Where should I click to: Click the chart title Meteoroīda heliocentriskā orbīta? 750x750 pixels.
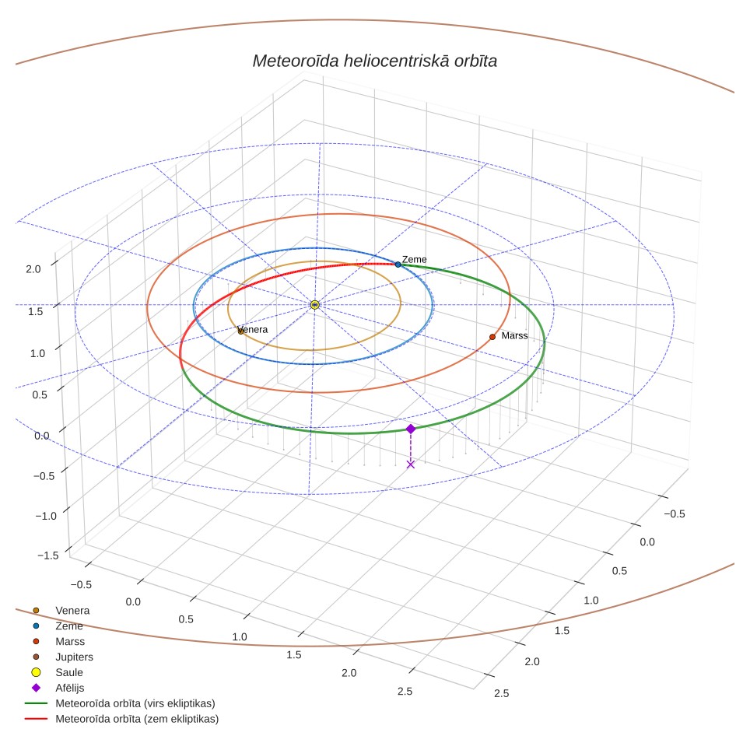[374, 61]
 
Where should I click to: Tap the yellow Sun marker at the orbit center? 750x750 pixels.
[314, 305]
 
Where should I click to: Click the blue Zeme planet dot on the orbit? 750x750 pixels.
[398, 265]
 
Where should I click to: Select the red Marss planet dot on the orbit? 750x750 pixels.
[492, 337]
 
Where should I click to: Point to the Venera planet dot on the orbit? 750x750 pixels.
[240, 331]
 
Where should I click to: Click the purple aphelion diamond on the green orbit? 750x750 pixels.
[410, 429]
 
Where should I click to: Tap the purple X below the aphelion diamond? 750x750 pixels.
[410, 464]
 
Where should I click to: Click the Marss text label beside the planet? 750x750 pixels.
[515, 336]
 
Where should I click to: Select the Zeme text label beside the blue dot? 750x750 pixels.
[414, 259]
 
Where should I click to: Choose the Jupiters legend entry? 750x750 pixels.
[74, 657]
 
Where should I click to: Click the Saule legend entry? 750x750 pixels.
[69, 672]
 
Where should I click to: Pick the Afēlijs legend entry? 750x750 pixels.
[70, 688]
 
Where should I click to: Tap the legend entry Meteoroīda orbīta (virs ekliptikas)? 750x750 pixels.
[135, 703]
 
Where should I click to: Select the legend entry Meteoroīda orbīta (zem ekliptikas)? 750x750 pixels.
[137, 718]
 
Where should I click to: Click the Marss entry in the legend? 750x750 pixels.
[70, 641]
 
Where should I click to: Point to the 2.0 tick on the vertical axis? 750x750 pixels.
[33, 269]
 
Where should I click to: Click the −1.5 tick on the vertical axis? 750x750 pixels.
[47, 555]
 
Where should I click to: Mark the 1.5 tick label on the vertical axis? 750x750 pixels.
[35, 311]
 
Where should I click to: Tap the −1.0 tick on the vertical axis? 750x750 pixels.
[46, 516]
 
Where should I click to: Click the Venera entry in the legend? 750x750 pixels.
[72, 610]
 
